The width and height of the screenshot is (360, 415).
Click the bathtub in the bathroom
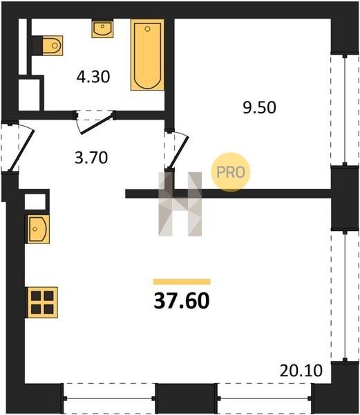pyautogui.click(x=147, y=55)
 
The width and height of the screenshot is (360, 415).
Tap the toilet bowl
pyautogui.click(x=53, y=46)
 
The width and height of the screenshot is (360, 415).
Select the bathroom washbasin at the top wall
pyautogui.click(x=102, y=28)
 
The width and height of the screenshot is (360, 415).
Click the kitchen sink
pyautogui.click(x=37, y=229)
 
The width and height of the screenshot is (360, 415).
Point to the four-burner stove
pyautogui.click(x=42, y=302)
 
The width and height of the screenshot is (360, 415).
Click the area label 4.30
pyautogui.click(x=93, y=77)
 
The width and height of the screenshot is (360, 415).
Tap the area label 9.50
pyautogui.click(x=259, y=108)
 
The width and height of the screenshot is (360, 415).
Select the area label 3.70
pyautogui.click(x=91, y=158)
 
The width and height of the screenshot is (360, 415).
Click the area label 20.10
pyautogui.click(x=301, y=371)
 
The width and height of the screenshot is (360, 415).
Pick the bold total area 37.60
pyautogui.click(x=182, y=301)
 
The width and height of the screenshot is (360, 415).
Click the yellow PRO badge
pyautogui.click(x=231, y=172)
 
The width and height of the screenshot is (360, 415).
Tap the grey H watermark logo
pyautogui.click(x=180, y=204)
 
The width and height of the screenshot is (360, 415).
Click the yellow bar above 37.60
pyautogui.click(x=182, y=282)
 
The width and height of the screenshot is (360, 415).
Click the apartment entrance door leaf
pyautogui.click(x=21, y=150)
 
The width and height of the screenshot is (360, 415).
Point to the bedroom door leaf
pyautogui.click(x=178, y=152)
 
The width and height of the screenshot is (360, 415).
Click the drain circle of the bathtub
pyautogui.click(x=147, y=29)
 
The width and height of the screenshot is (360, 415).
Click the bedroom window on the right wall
pyautogui.click(x=345, y=110)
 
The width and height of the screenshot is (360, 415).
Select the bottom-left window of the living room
pyautogui.click(x=109, y=398)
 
